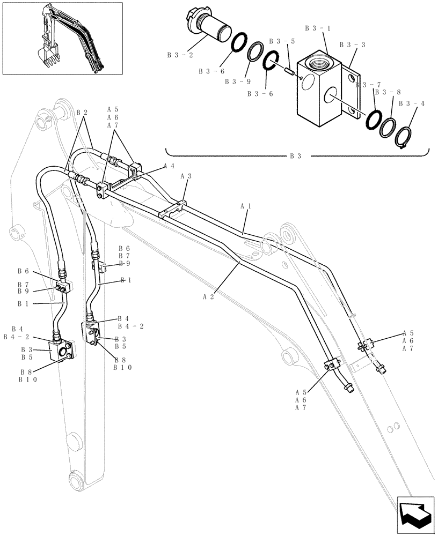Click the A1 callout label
pyautogui.click(x=246, y=205)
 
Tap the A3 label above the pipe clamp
pyautogui.click(x=186, y=175)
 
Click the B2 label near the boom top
pyautogui.click(x=82, y=113)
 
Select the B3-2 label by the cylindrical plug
pyautogui.click(x=178, y=54)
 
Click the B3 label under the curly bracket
pyautogui.click(x=295, y=157)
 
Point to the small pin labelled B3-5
pyautogui.click(x=290, y=69)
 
